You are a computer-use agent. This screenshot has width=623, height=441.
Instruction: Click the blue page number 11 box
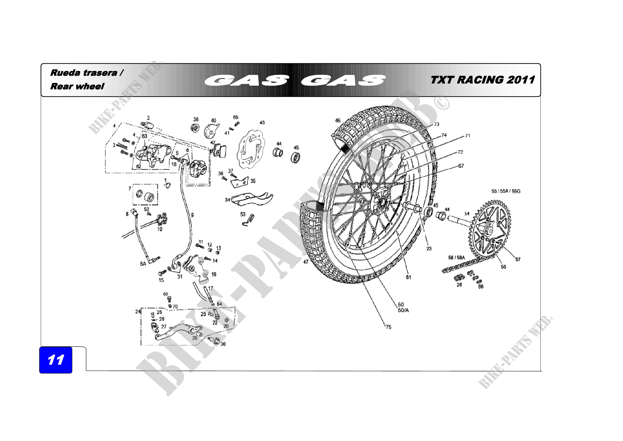(x=56, y=360)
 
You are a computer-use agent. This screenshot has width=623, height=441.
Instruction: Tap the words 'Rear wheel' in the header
(x=77, y=86)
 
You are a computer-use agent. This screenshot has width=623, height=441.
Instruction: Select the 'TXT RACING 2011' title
(x=482, y=80)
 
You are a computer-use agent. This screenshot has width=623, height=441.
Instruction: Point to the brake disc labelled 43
(x=251, y=149)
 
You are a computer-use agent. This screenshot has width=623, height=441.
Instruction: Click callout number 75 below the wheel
(x=389, y=327)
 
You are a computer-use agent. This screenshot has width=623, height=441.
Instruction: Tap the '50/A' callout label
(x=403, y=310)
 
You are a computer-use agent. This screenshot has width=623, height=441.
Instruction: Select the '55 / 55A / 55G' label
(x=506, y=191)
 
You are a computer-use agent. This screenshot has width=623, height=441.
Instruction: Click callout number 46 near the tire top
(x=337, y=120)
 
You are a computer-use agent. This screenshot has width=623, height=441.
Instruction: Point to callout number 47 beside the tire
(x=306, y=262)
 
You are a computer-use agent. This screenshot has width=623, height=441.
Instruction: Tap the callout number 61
(x=408, y=277)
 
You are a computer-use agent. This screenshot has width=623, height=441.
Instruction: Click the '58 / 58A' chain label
(x=457, y=258)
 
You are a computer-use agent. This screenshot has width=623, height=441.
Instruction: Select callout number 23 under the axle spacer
(x=429, y=248)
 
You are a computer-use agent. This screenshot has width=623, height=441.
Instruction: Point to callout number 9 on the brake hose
(x=192, y=215)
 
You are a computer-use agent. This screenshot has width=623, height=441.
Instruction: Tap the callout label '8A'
(x=143, y=264)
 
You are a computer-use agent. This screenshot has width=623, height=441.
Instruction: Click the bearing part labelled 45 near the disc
(x=295, y=157)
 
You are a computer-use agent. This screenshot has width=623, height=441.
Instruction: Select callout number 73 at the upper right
(x=436, y=124)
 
